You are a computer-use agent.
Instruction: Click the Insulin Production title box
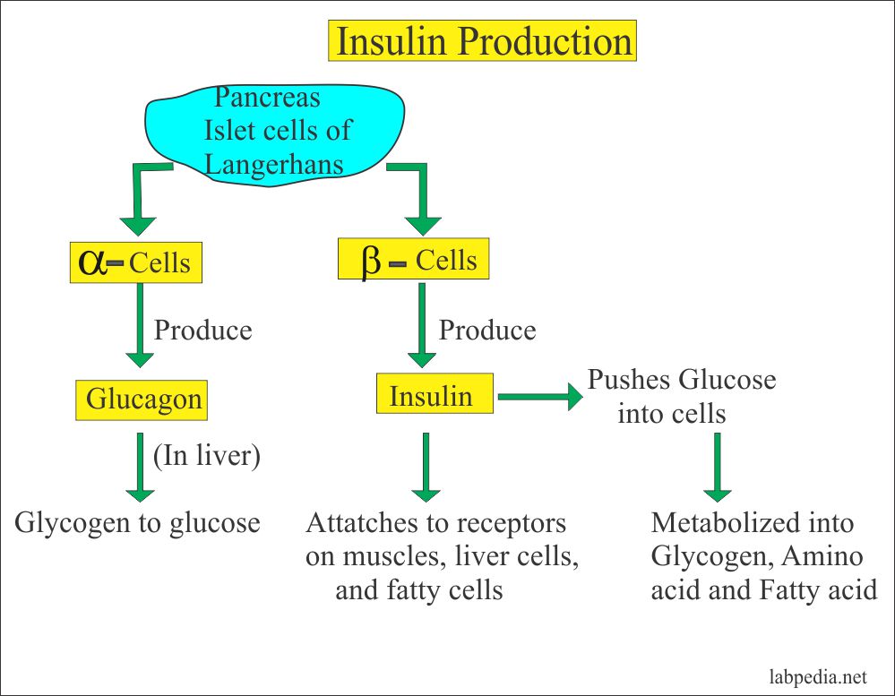point(482,42)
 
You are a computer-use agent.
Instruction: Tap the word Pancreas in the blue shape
point(267,96)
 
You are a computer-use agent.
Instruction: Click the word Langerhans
point(273,164)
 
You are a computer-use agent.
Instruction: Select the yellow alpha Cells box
point(134,262)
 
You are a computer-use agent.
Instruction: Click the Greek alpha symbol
point(92,262)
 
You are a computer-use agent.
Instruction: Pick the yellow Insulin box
point(435,395)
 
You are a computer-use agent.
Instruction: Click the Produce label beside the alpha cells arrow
point(202,330)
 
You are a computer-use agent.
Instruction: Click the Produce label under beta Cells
point(486,330)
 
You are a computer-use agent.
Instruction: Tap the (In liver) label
point(206,456)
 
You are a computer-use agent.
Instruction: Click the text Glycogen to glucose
point(137,522)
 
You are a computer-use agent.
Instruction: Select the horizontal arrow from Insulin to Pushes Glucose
point(538,395)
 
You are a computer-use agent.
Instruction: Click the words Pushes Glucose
point(681,379)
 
